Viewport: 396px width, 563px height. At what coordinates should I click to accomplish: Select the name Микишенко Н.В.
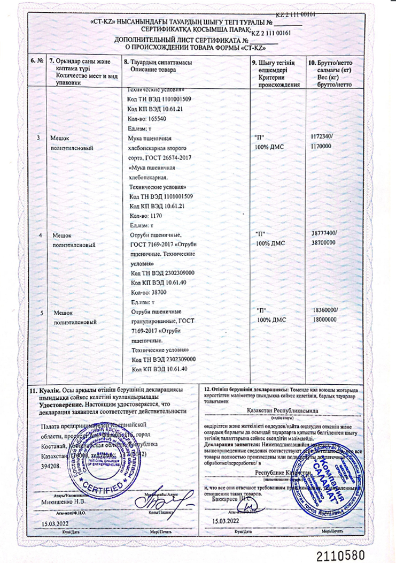tap(63, 502)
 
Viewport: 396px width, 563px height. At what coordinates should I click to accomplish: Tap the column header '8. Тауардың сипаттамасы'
tap(158, 63)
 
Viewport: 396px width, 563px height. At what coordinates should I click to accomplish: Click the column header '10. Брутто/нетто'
tap(331, 63)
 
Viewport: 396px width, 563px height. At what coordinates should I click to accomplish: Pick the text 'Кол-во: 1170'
tap(145, 215)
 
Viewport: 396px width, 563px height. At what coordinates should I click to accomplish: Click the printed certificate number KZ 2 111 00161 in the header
tap(276, 33)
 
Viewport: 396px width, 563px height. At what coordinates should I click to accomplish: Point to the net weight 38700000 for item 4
tap(323, 242)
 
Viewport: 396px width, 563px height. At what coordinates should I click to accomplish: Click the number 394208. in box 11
tap(52, 466)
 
